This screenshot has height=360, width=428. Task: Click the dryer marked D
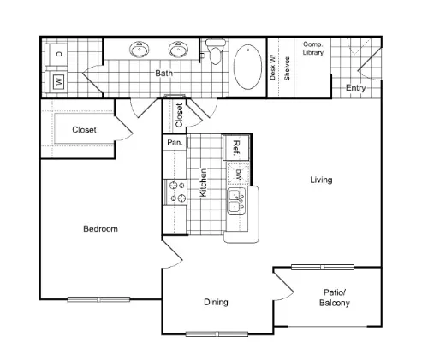coord(56,55)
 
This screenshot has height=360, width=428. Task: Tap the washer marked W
coord(56,82)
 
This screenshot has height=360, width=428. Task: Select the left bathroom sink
coord(140,50)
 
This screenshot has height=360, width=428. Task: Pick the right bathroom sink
coord(179,50)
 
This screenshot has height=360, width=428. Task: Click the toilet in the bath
coord(216,51)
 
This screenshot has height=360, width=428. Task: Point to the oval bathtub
coord(247,67)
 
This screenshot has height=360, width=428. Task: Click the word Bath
coord(163,73)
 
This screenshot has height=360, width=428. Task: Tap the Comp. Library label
coord(313,49)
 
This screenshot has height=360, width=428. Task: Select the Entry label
coord(355,88)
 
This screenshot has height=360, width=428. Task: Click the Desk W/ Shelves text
coord(280,68)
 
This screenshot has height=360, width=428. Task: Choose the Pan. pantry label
coord(175,142)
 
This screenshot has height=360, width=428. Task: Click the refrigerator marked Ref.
coord(236,148)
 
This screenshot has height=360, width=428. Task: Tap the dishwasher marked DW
coord(238,174)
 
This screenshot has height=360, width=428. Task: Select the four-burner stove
coord(175,192)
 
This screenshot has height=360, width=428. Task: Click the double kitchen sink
coord(237,201)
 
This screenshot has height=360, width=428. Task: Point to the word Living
coord(321,180)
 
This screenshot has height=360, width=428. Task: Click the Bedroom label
coord(100,229)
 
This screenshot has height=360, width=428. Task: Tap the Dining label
coord(216,302)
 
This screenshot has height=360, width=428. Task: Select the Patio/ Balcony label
coord(335,298)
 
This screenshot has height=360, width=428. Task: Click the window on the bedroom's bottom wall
coord(98,299)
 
